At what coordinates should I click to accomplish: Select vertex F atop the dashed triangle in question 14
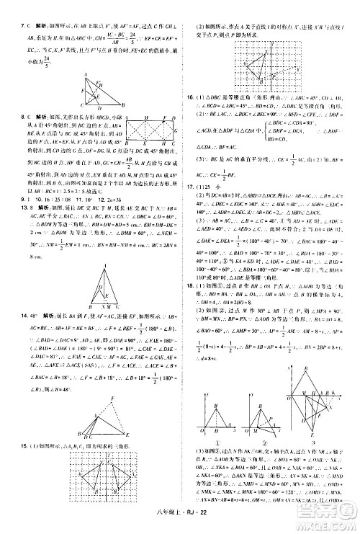click(111, 398)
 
